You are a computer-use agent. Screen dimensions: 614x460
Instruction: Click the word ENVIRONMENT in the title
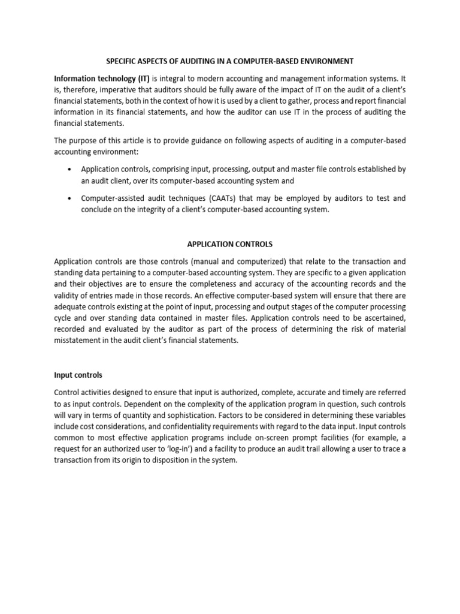point(323,61)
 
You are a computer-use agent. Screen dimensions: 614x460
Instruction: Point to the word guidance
point(198,140)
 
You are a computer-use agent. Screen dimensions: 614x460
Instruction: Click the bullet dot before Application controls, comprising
point(71,170)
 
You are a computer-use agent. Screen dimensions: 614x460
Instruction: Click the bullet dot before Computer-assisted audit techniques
point(71,198)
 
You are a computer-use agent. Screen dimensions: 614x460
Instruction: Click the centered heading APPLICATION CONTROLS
point(230,244)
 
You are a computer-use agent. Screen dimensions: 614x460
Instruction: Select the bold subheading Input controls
point(78,375)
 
